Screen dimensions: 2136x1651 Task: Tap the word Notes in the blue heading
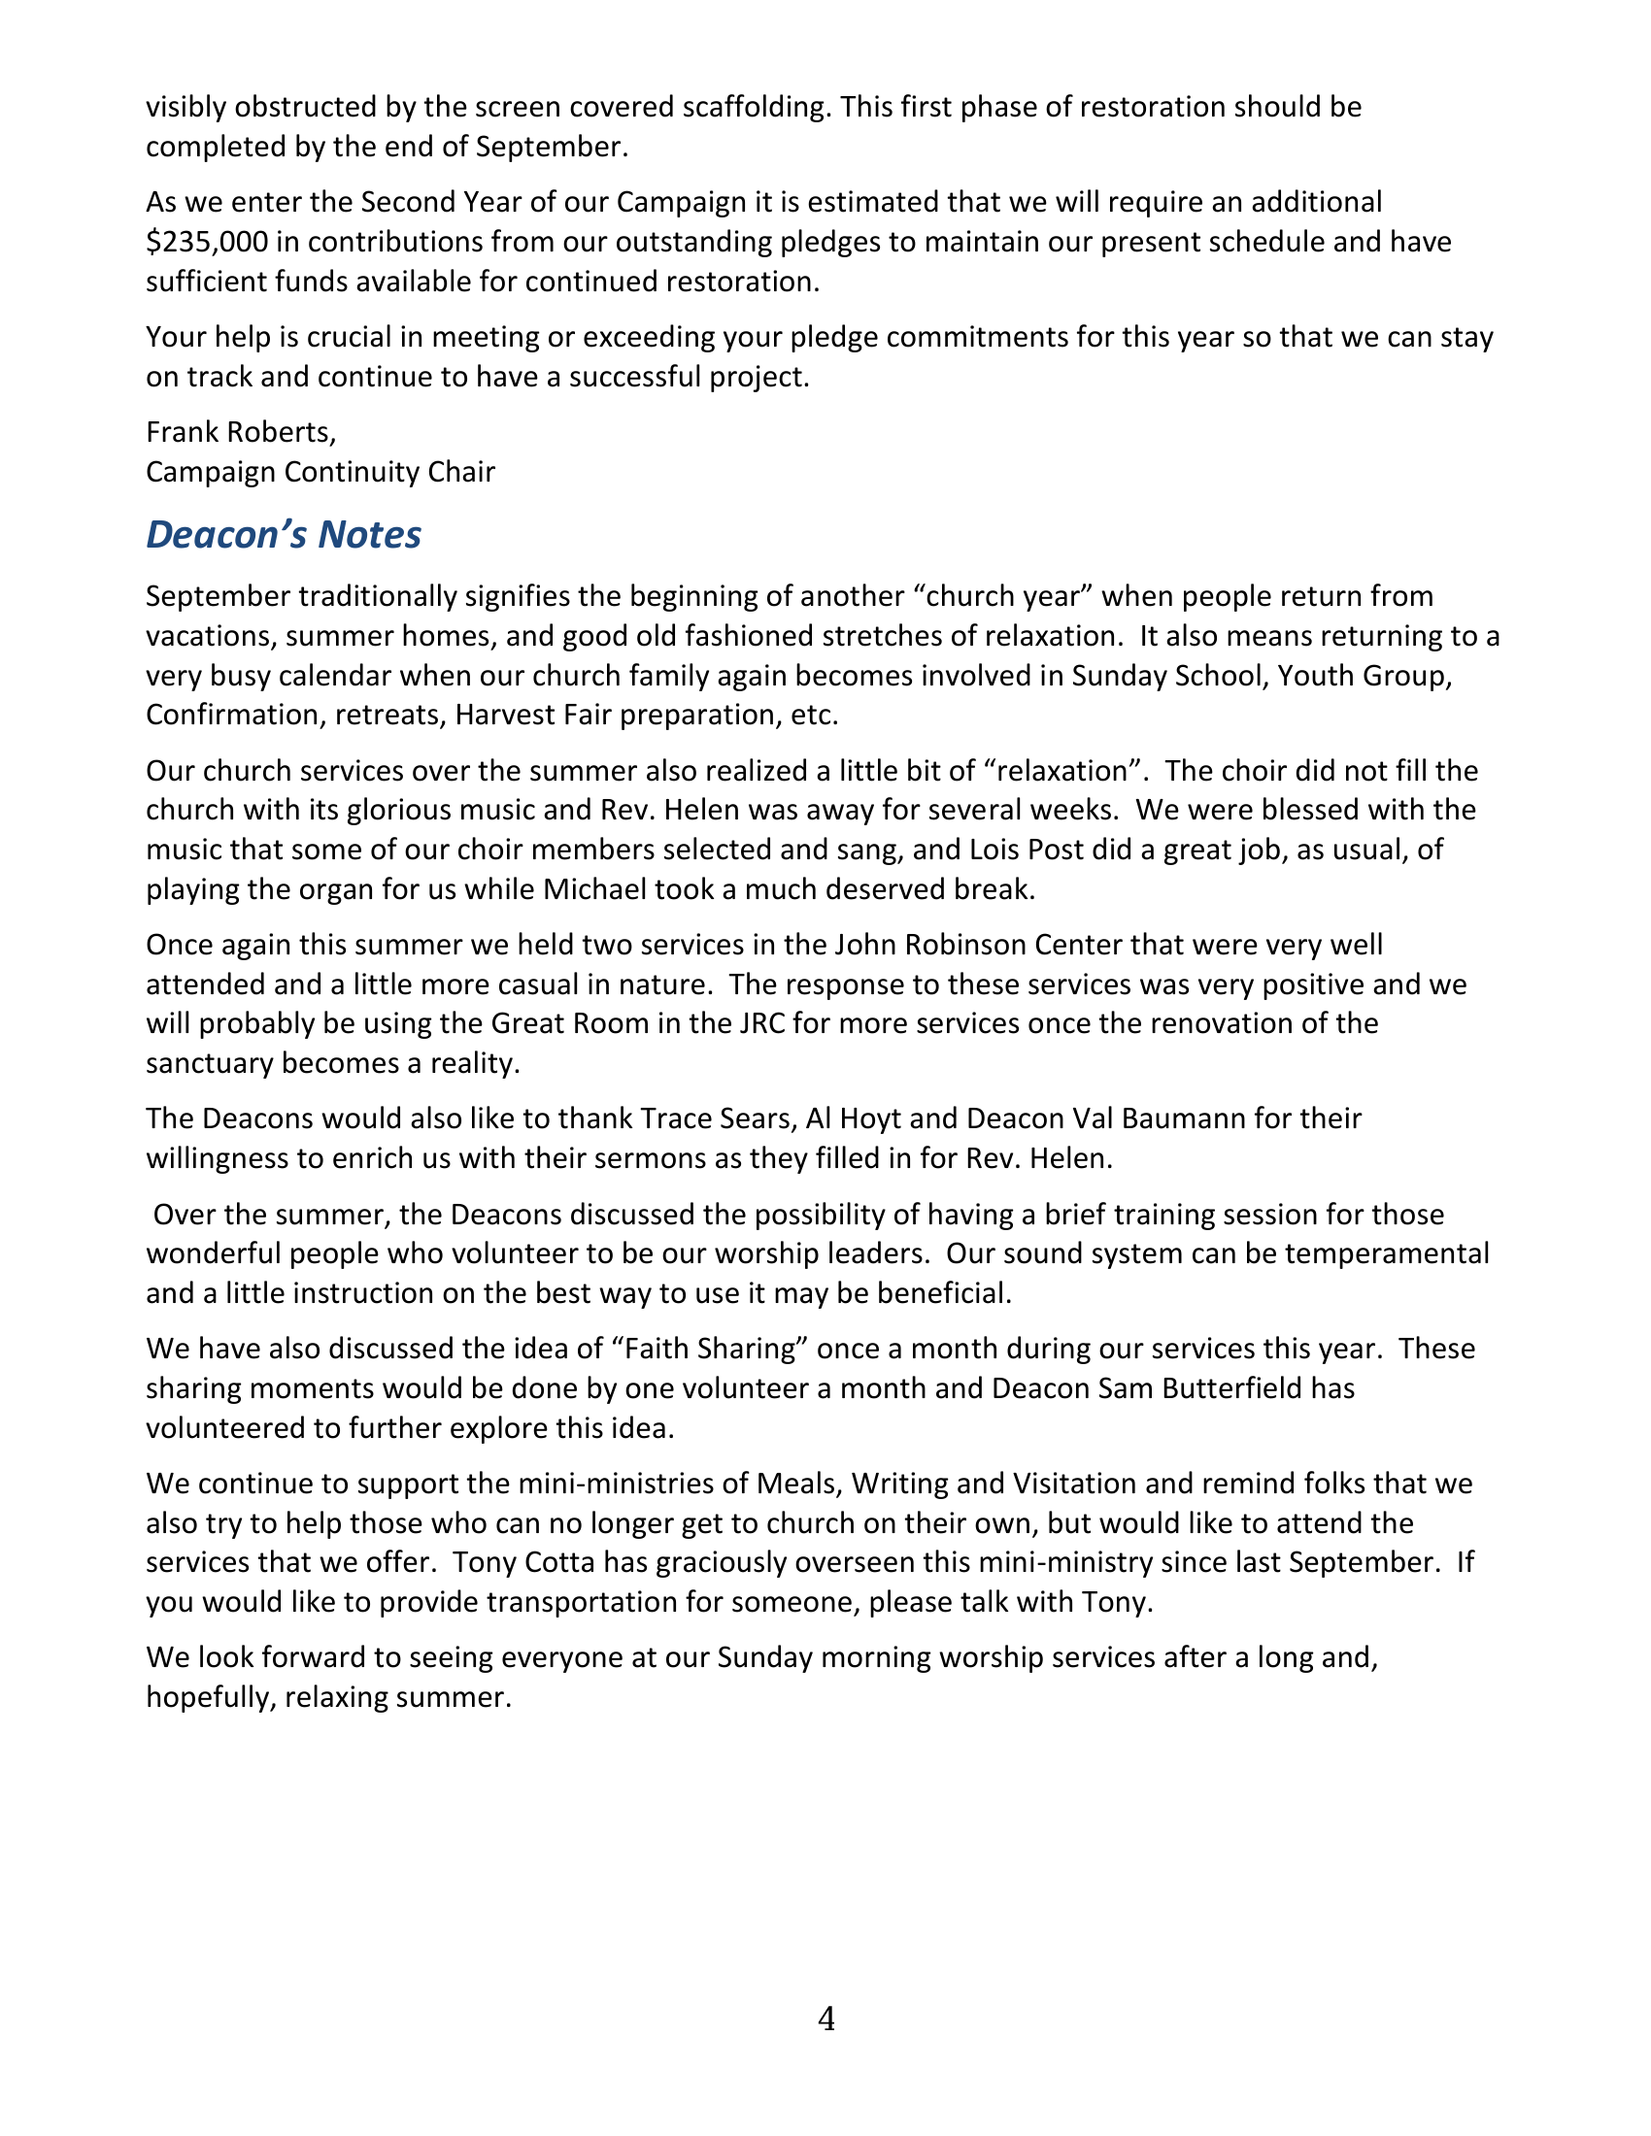coord(369,535)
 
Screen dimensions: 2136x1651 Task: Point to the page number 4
coord(825,2019)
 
